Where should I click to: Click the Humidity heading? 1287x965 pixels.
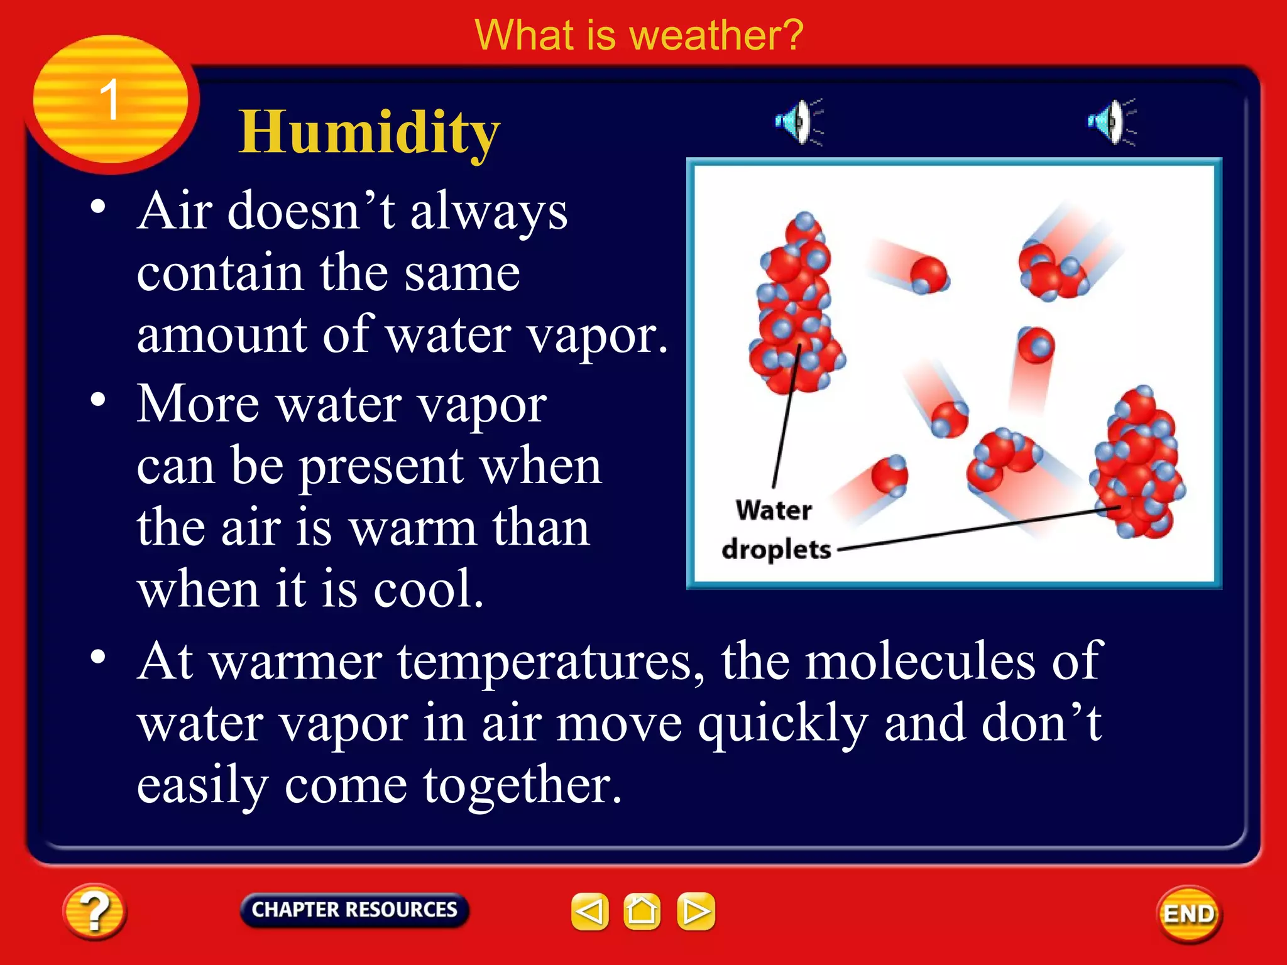pos(370,133)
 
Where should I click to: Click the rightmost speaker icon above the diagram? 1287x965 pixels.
pos(1111,121)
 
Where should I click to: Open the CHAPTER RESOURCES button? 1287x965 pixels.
pos(354,910)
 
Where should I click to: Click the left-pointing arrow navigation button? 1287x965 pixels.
pos(589,911)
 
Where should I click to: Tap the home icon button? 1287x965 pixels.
pos(642,911)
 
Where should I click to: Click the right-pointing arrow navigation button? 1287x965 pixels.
pos(696,911)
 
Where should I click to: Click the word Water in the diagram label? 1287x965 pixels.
pos(774,510)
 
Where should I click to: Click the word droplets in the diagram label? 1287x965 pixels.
pos(777,550)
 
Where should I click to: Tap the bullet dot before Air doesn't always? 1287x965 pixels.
pos(97,207)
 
